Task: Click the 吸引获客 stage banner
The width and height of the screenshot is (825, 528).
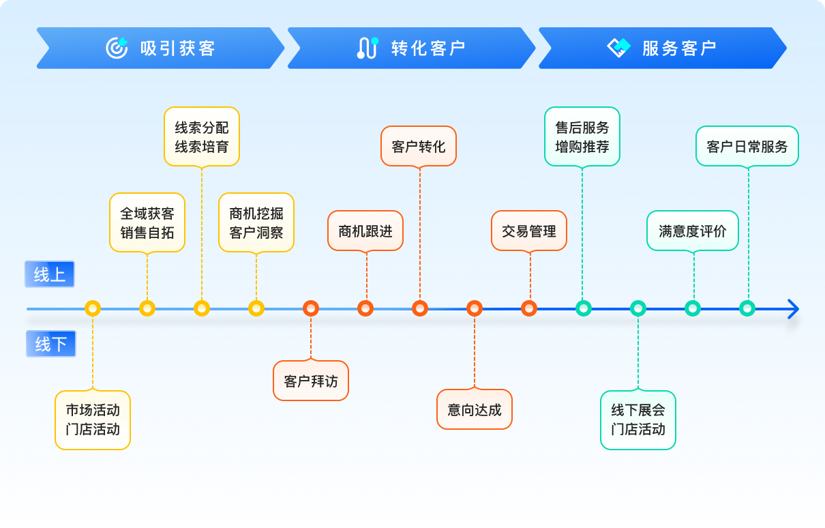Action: pos(160,48)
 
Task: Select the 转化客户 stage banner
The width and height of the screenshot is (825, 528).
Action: pos(411,48)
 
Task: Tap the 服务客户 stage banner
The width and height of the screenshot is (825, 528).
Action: pos(662,48)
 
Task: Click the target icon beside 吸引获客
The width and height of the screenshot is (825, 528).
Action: pos(117,48)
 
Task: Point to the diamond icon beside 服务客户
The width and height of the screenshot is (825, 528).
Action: pos(619,48)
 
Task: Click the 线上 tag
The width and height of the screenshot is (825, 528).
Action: pos(50,274)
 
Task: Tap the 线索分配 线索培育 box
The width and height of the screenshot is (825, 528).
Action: pos(202,136)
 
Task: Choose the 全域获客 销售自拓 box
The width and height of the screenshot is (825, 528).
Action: pos(147,222)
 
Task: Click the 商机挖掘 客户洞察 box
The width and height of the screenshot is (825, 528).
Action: pos(256,222)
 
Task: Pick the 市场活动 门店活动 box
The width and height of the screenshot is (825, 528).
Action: pos(93,420)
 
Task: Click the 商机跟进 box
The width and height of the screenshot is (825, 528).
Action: pos(365,231)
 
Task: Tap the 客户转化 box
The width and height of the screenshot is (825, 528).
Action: pos(419,146)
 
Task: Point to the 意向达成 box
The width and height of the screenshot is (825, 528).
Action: pos(475,409)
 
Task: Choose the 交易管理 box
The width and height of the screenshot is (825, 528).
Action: pos(529,231)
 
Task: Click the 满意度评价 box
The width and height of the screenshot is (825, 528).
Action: pos(693,231)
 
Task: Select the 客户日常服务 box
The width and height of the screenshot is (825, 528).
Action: pos(747,146)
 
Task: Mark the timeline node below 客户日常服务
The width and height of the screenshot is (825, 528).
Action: pos(747,308)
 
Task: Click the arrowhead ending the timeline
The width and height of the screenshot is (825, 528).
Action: pos(792,308)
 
